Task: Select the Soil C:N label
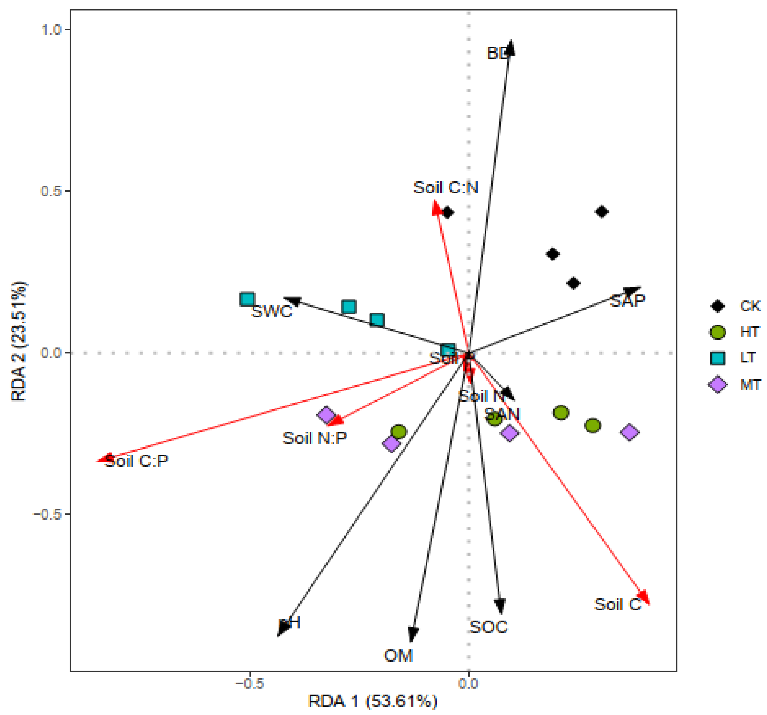[446, 188]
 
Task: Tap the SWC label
[272, 312]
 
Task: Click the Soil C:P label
[137, 461]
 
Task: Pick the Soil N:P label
[315, 438]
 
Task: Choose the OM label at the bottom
[398, 655]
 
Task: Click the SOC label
[489, 627]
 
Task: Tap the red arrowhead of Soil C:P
[103, 459]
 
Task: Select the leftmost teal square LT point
[247, 299]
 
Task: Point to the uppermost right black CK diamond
[602, 212]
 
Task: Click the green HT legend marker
[718, 332]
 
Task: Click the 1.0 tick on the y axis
[51, 30]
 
